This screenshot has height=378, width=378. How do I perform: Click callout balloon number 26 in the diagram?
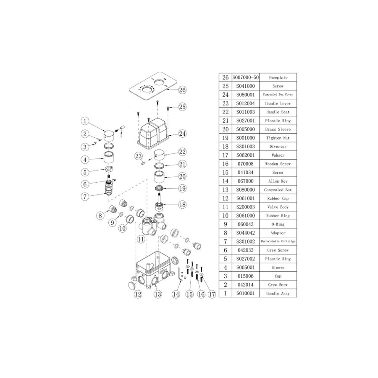click(182, 89)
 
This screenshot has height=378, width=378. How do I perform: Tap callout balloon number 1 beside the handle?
click(85, 121)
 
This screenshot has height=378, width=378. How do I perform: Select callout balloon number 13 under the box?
click(157, 294)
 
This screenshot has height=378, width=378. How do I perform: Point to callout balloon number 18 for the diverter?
click(182, 205)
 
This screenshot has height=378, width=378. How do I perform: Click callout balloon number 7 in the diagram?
click(85, 196)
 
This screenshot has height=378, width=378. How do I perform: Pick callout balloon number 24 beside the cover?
click(182, 134)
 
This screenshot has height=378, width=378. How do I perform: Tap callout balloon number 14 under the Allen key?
click(176, 294)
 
